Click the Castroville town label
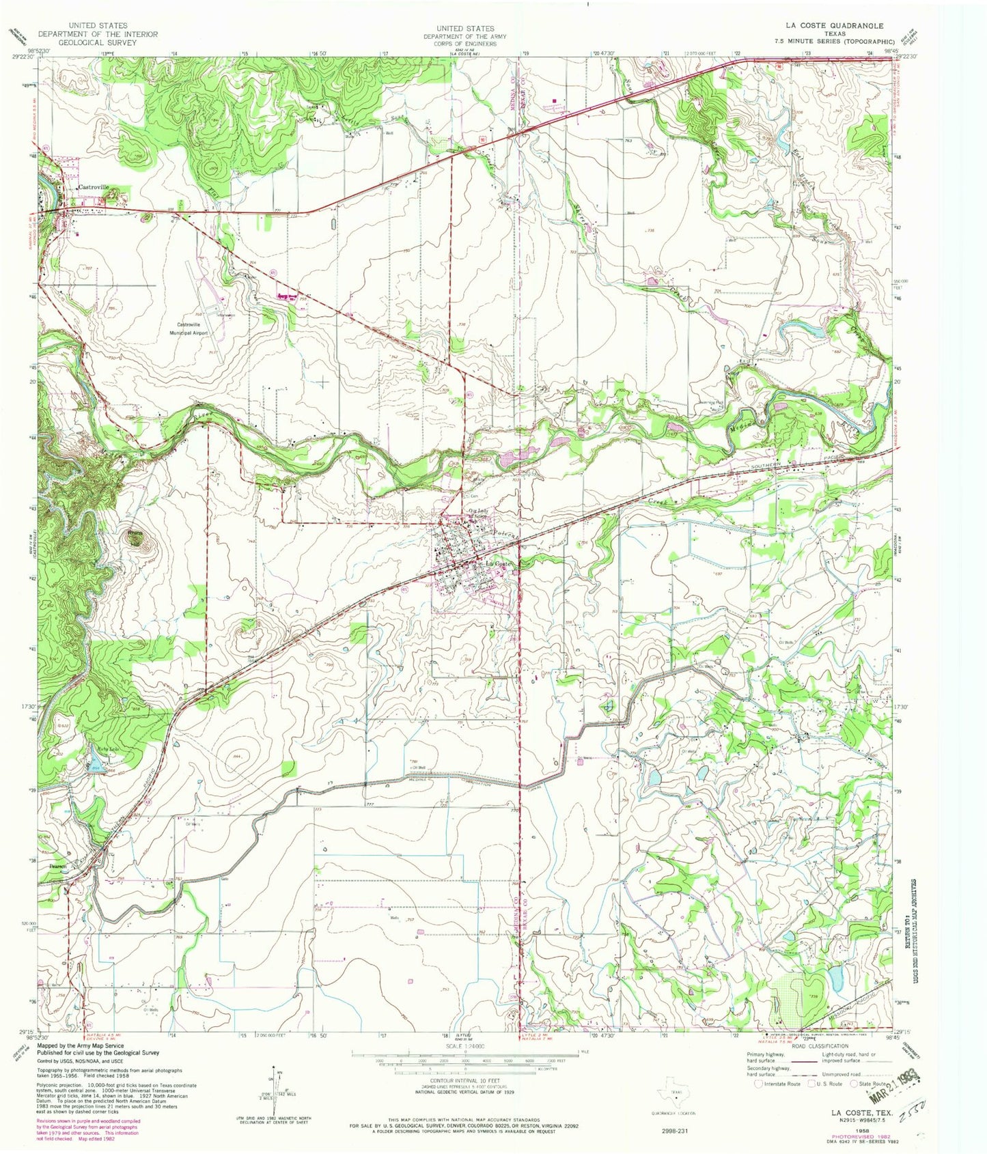point(94,187)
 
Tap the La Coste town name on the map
point(497,563)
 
